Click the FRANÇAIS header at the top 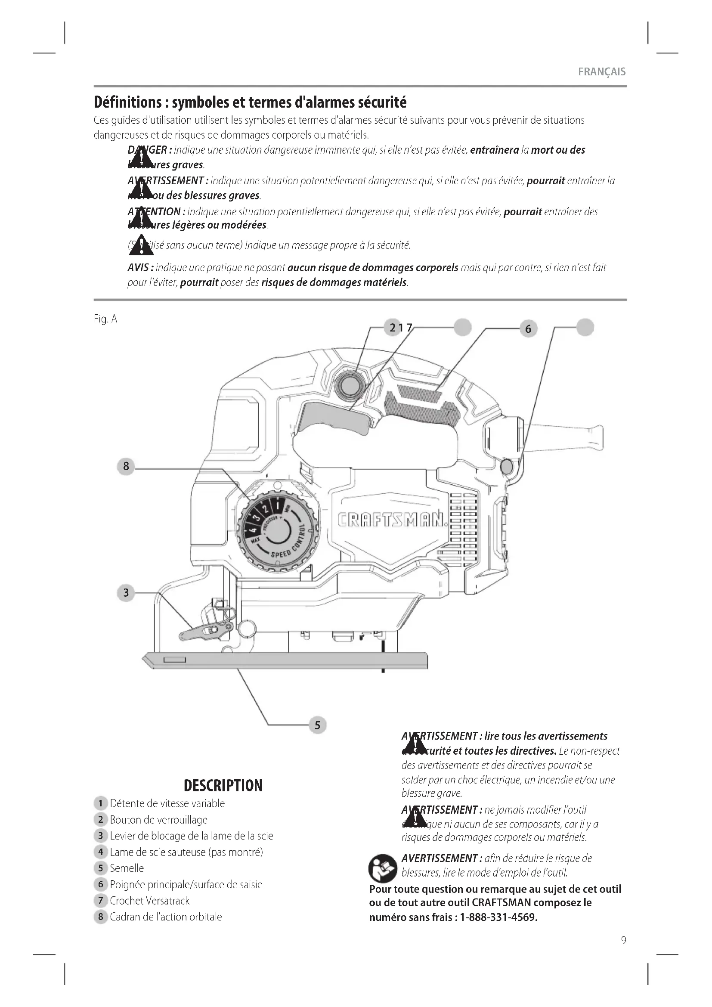pyautogui.click(x=601, y=72)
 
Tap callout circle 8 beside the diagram pyautogui.click(x=126, y=466)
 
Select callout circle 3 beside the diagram pyautogui.click(x=126, y=593)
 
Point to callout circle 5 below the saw pyautogui.click(x=317, y=725)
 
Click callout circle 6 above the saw pyautogui.click(x=528, y=328)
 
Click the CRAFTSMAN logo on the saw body pyautogui.click(x=393, y=520)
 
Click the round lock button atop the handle pyautogui.click(x=350, y=385)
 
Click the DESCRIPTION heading pyautogui.click(x=223, y=786)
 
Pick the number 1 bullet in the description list pyautogui.click(x=100, y=803)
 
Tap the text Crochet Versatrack pyautogui.click(x=149, y=901)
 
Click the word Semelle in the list pyautogui.click(x=127, y=868)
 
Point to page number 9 pyautogui.click(x=623, y=940)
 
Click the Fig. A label pyautogui.click(x=105, y=319)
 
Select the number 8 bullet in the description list pyautogui.click(x=100, y=917)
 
